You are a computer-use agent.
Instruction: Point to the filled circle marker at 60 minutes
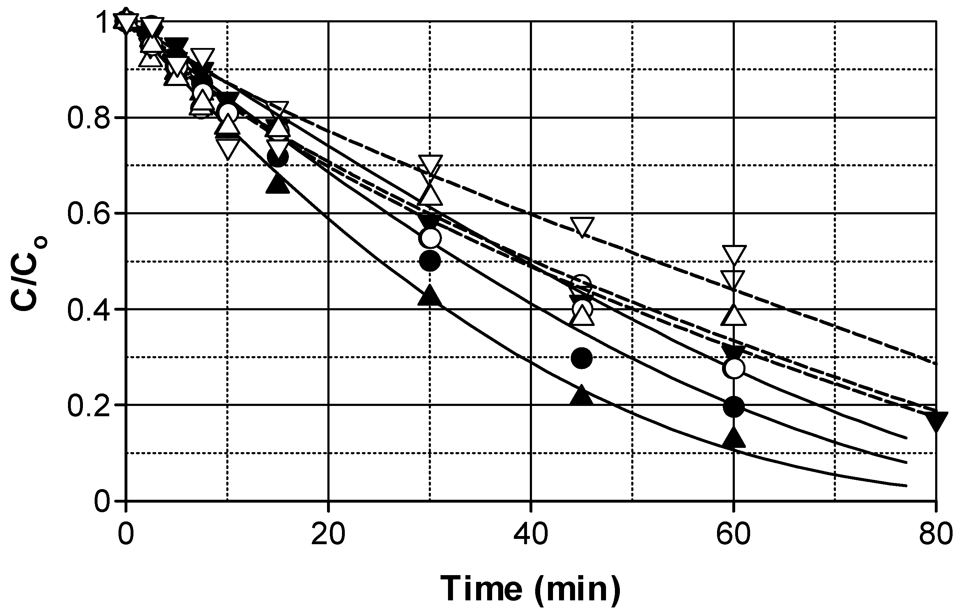pos(733,407)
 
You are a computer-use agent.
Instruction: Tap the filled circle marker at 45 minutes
pos(581,358)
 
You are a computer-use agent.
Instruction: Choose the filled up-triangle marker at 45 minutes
pos(581,396)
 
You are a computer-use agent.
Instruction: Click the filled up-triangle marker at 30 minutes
pos(429,296)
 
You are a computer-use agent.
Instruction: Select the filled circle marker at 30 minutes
pos(430,262)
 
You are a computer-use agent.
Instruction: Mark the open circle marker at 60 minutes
pos(733,368)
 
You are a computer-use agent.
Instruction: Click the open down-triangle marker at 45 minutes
pos(582,227)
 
